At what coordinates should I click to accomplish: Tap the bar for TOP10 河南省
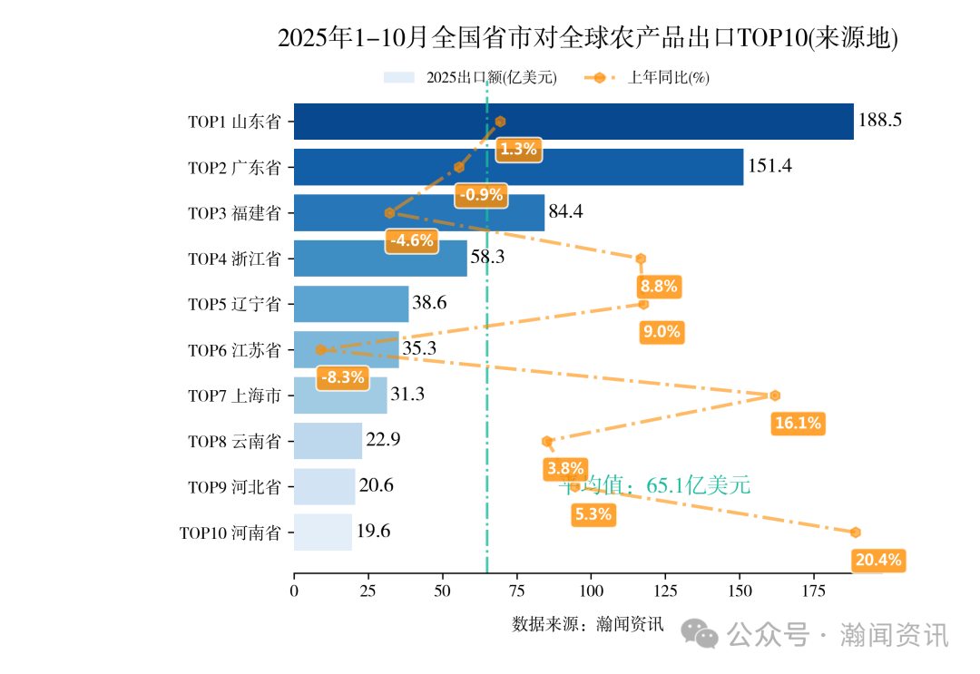(x=322, y=532)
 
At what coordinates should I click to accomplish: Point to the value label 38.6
(x=429, y=304)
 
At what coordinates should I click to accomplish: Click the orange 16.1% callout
(x=799, y=423)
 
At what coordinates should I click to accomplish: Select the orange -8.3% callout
(x=343, y=377)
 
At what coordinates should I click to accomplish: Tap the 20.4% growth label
(x=878, y=560)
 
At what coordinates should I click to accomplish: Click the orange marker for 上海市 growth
(x=775, y=396)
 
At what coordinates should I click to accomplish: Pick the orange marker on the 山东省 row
(x=500, y=122)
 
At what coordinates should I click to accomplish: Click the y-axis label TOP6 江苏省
(x=234, y=350)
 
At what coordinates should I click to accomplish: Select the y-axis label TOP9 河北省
(x=234, y=487)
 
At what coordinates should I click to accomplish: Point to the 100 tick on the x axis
(x=591, y=591)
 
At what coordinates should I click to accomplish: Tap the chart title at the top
(x=587, y=38)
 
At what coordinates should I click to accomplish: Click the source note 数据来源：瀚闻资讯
(x=588, y=624)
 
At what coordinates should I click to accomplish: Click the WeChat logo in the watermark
(x=701, y=633)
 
